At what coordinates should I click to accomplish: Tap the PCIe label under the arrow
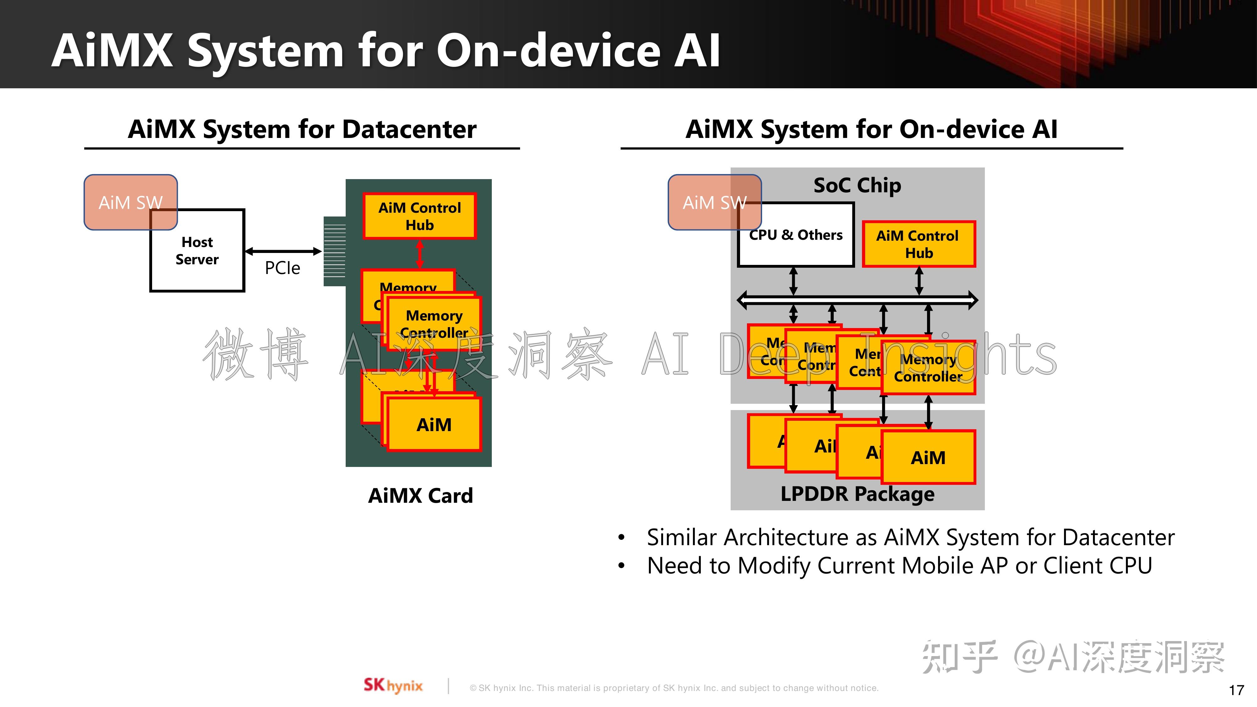click(x=282, y=268)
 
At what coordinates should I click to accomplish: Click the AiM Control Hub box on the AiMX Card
click(x=419, y=216)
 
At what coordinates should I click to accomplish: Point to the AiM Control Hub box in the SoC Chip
click(x=918, y=244)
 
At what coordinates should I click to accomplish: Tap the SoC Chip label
click(x=857, y=185)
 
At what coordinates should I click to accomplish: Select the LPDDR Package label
click(x=857, y=494)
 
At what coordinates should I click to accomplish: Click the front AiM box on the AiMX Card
click(x=434, y=425)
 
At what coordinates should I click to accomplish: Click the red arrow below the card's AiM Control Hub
click(x=420, y=254)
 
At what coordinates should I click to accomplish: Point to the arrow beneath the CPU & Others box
click(x=793, y=281)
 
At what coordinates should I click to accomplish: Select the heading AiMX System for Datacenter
click(x=302, y=129)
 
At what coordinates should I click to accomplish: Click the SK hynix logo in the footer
click(x=393, y=686)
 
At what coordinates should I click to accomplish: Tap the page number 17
click(x=1236, y=690)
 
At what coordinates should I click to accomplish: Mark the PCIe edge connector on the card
click(x=335, y=251)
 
